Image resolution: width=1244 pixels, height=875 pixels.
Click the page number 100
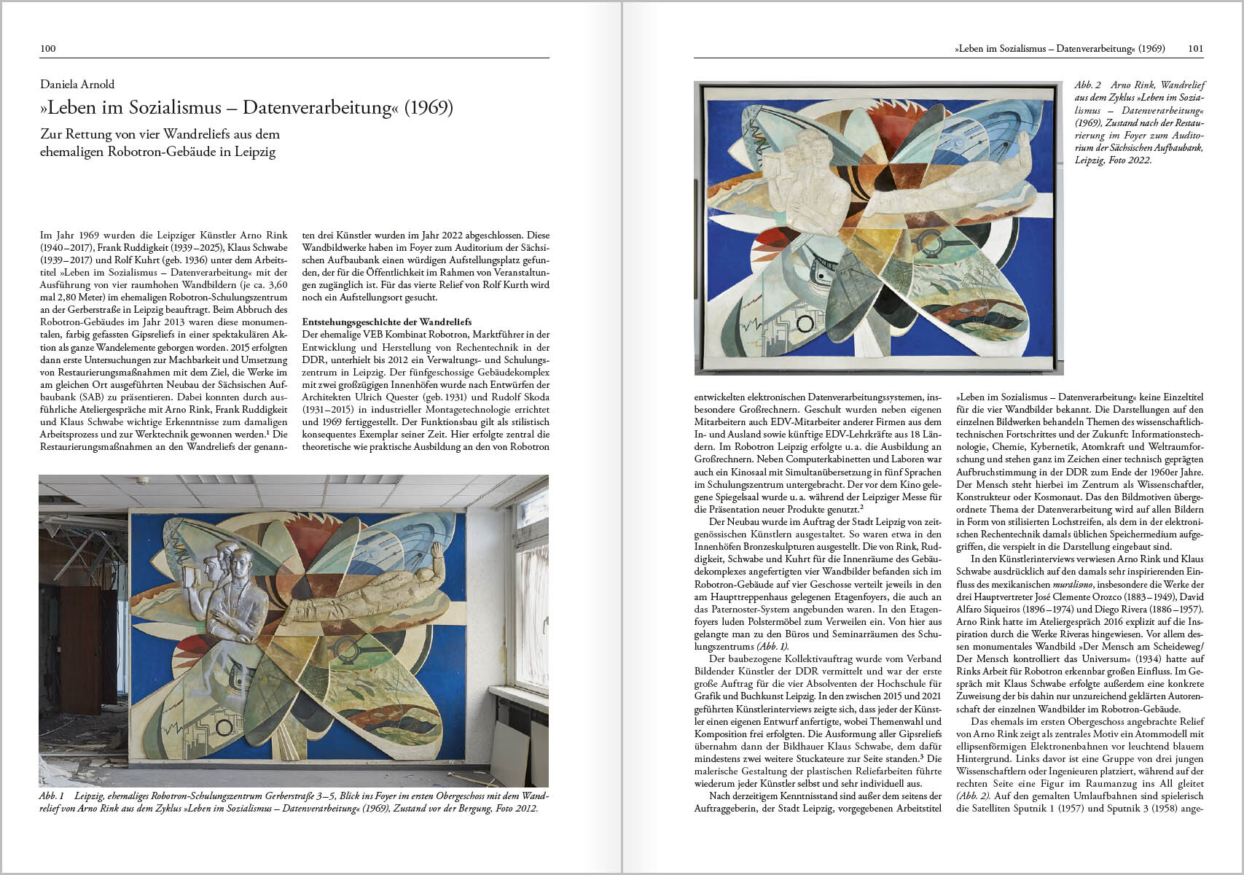[47, 49]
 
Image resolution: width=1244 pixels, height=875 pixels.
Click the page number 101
[1195, 49]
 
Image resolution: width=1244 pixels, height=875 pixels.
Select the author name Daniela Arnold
[77, 85]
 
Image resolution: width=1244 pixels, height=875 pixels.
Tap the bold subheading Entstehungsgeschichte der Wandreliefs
[386, 322]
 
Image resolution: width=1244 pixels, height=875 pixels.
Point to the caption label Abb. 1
[52, 796]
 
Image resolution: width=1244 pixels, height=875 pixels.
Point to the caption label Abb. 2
[1087, 85]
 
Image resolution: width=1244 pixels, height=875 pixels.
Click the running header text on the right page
[1060, 49]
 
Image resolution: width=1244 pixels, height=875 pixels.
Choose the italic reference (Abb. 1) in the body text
[772, 646]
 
